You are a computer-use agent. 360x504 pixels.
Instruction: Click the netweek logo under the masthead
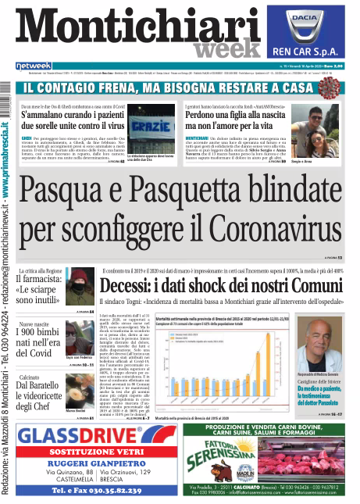pos(34,66)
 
